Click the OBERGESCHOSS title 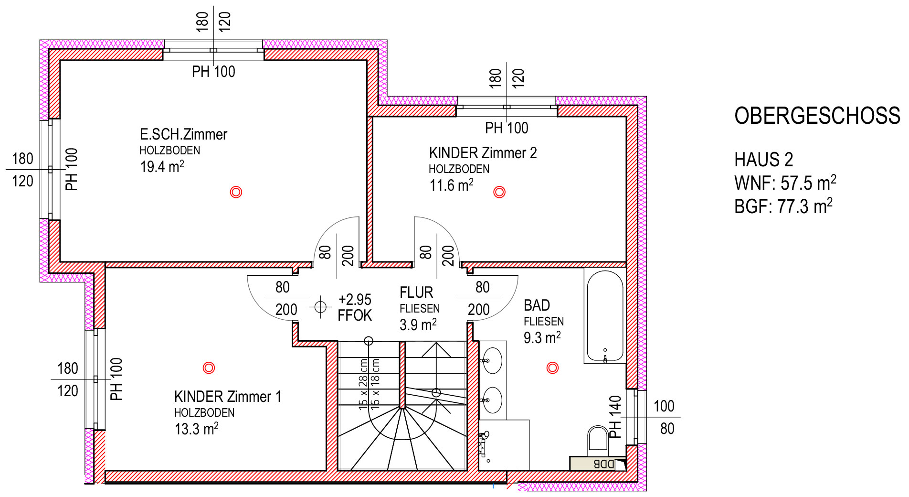coord(817,116)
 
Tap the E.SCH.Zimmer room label coord(183,134)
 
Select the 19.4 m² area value coord(162,166)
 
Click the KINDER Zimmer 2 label coord(483,153)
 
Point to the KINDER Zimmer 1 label coord(228,397)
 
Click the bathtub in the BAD coord(605,316)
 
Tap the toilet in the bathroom coord(598,440)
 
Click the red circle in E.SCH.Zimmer coord(236,192)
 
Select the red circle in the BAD coord(552,367)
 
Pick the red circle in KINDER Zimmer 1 coord(209,367)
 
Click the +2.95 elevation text coord(355,300)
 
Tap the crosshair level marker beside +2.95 coord(320,306)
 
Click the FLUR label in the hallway coord(416,292)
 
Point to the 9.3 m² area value coord(542,337)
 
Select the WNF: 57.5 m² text coord(785,183)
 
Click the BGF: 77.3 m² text coord(783,206)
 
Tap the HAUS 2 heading coord(764,160)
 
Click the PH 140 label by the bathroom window coord(615,417)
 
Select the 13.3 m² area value coord(196,429)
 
